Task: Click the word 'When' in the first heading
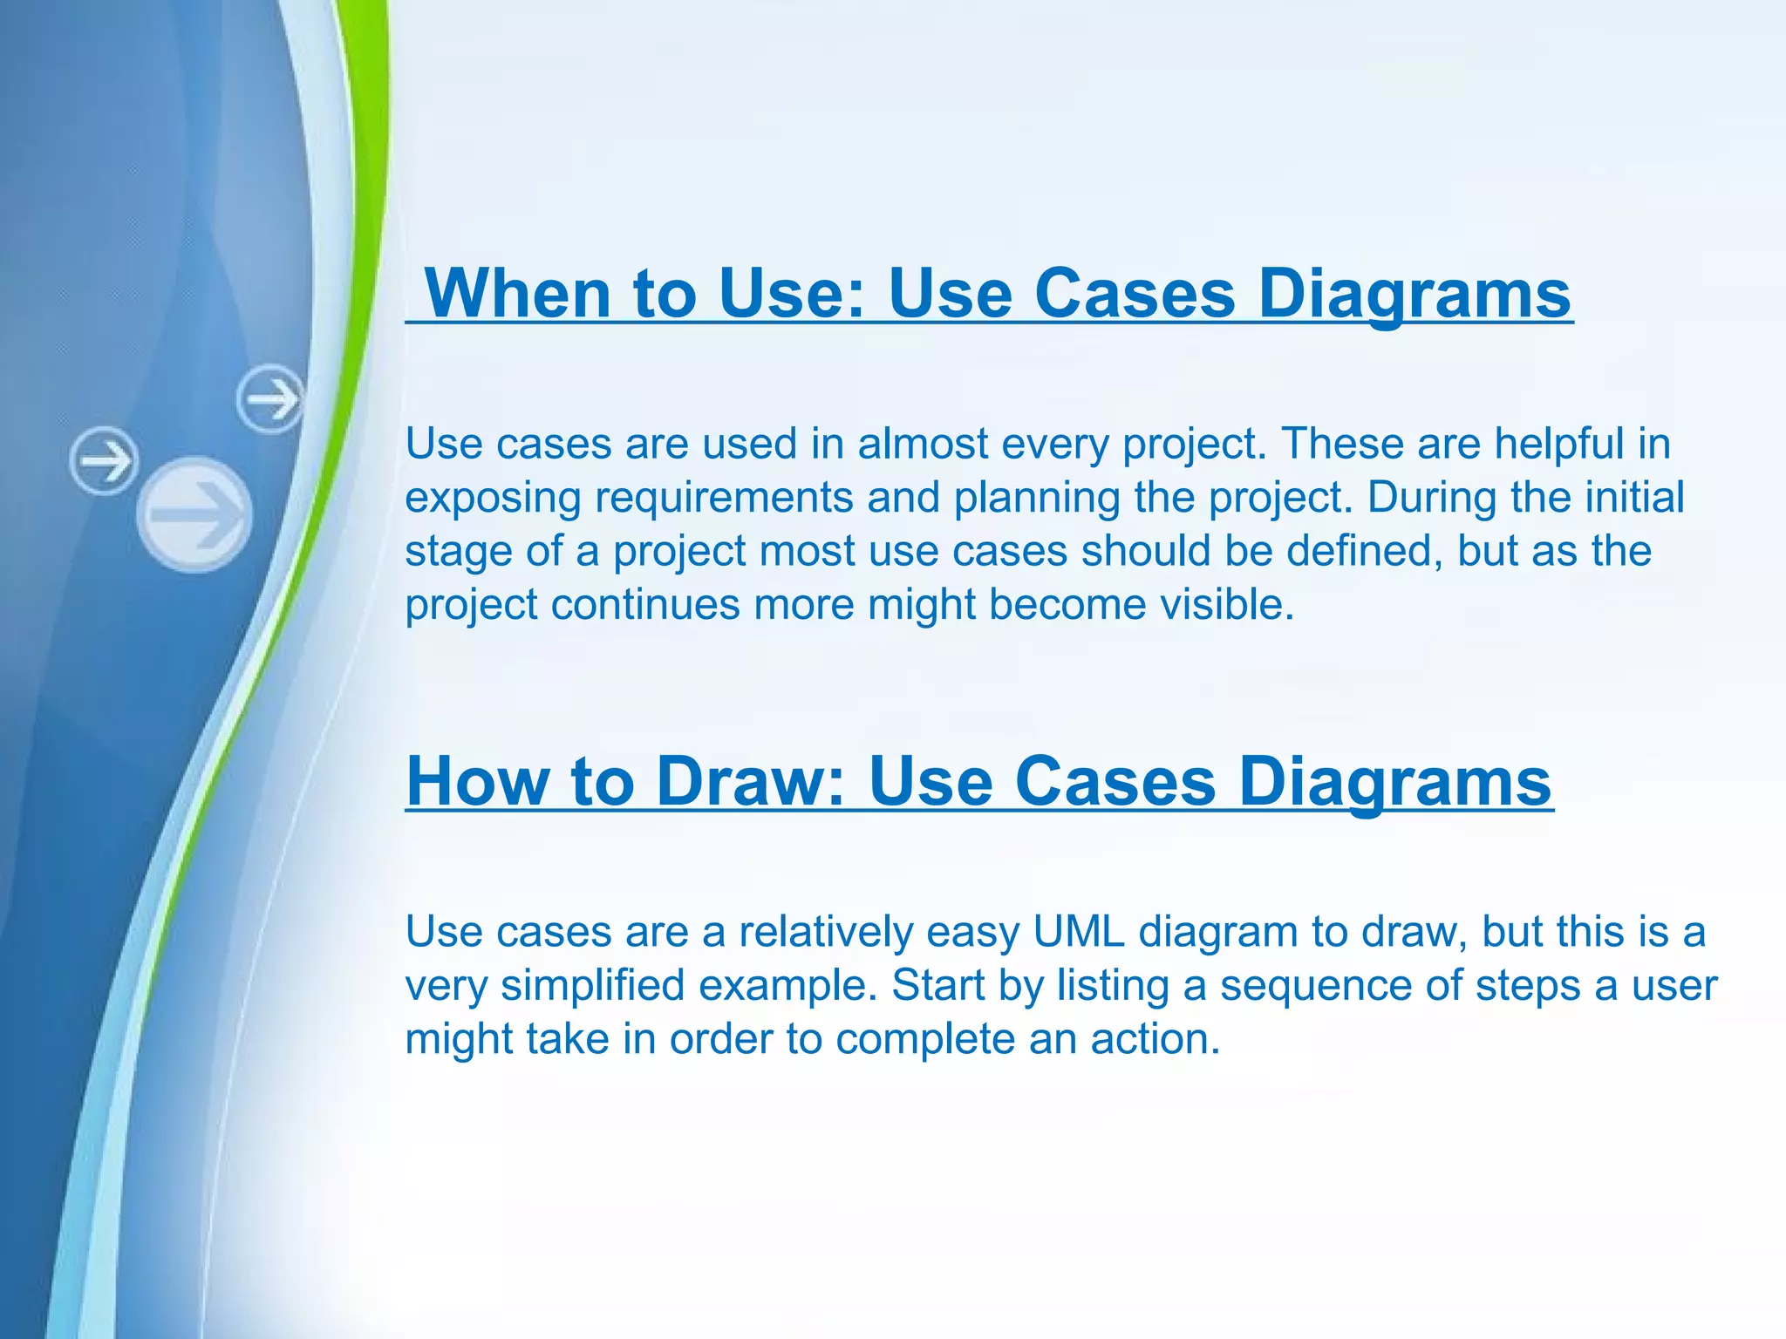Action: tap(518, 293)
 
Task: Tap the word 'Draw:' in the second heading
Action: tap(751, 781)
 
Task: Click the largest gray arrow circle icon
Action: tap(195, 514)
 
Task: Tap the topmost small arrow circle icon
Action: tap(270, 399)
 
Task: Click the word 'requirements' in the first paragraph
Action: tap(724, 498)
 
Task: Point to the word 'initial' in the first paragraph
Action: tap(1634, 498)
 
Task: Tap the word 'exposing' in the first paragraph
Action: tap(493, 498)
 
